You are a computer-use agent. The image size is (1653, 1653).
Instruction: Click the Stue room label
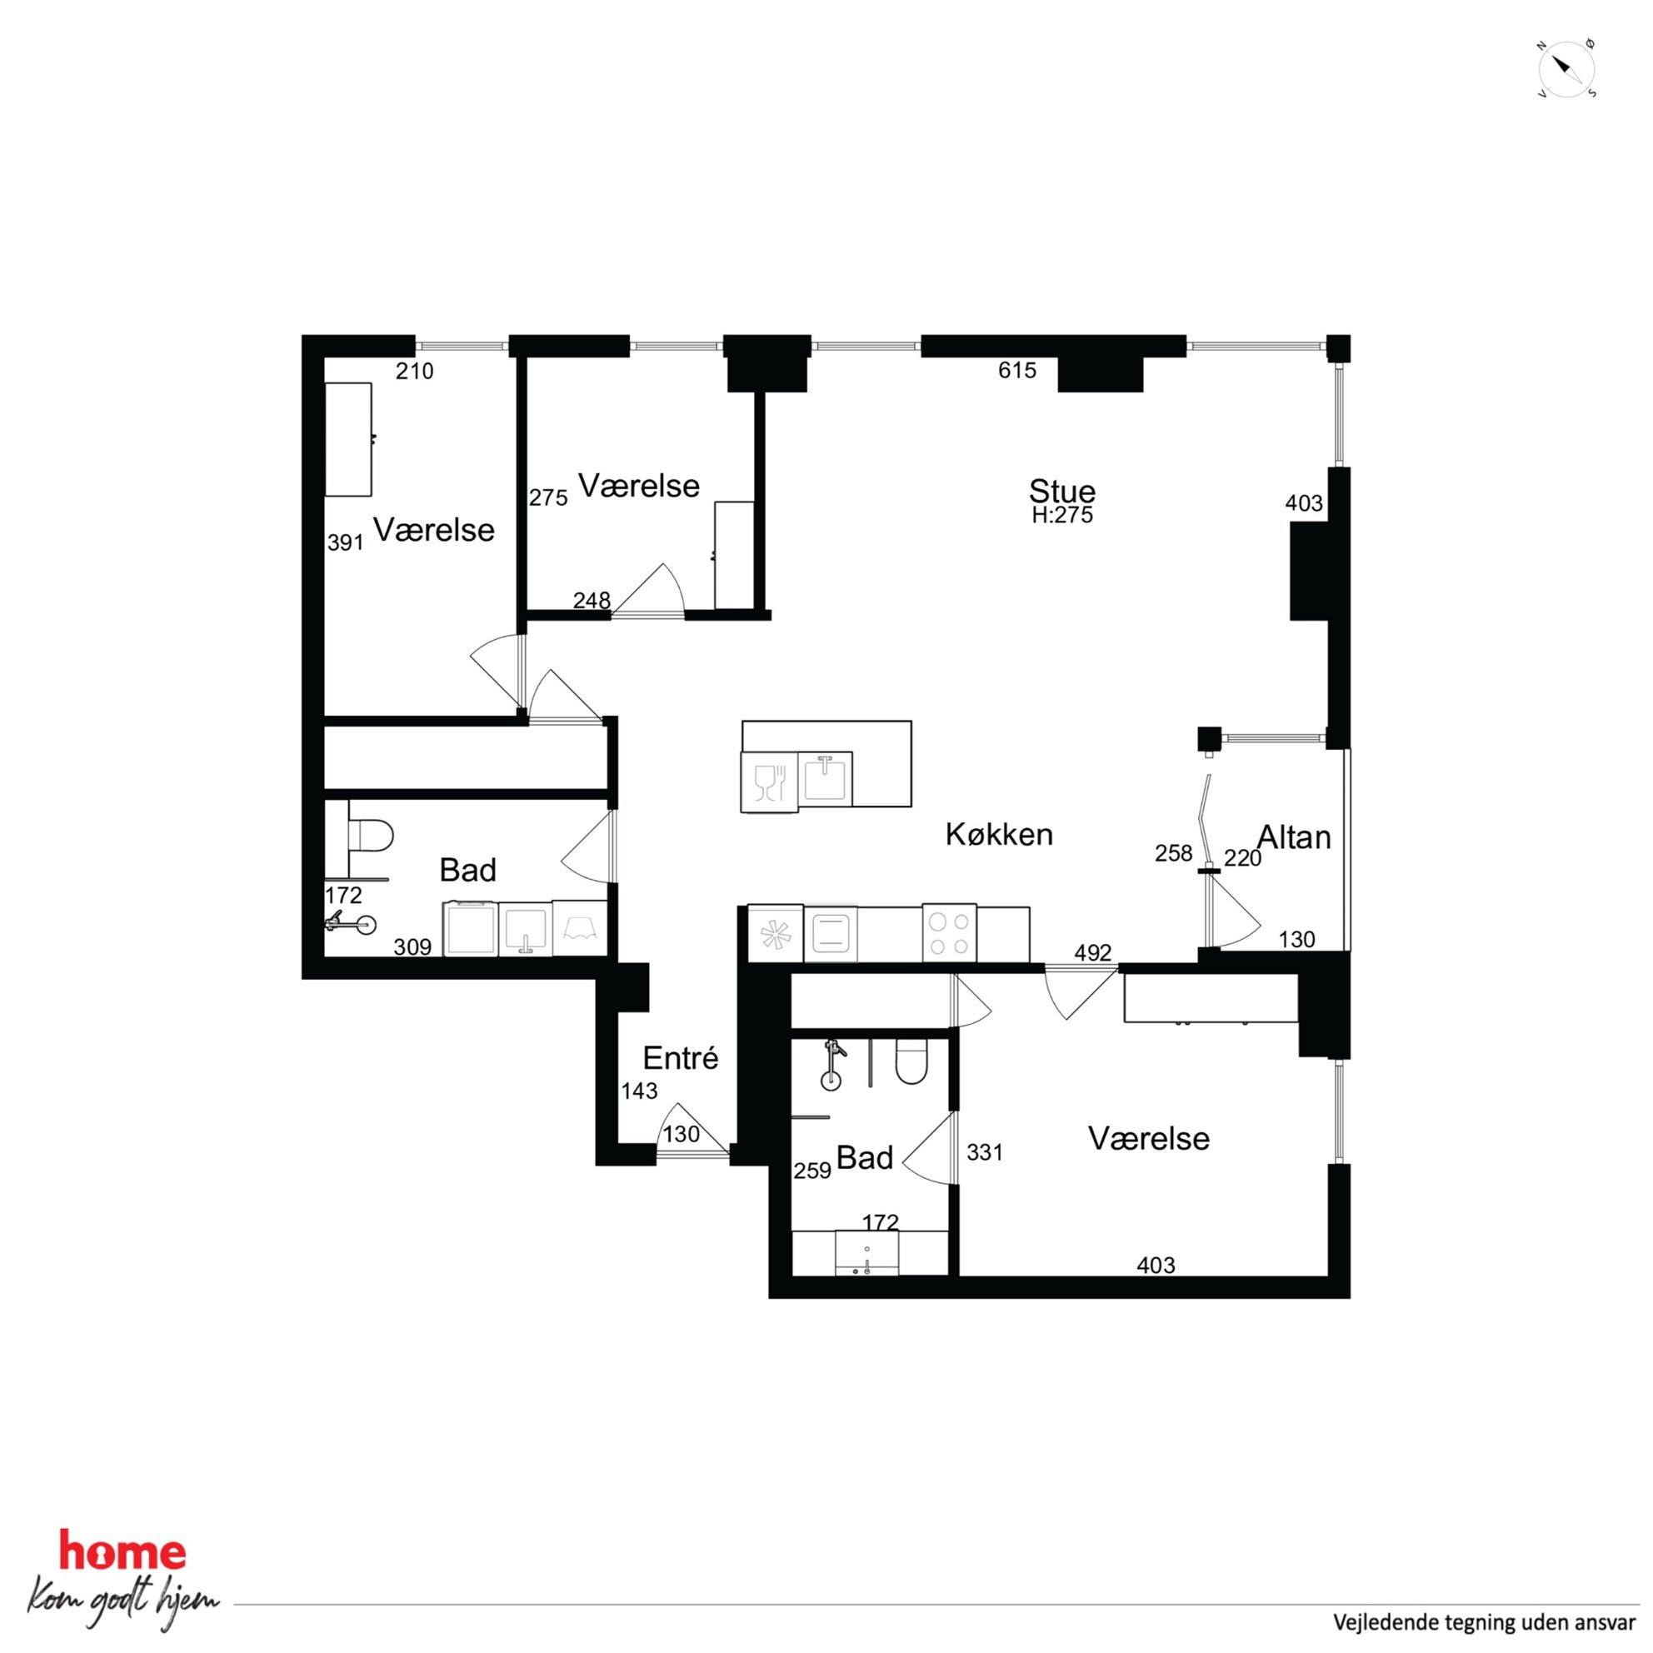(1061, 491)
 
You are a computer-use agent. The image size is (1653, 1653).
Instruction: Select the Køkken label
(998, 834)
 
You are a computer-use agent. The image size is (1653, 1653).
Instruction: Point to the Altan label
(1294, 836)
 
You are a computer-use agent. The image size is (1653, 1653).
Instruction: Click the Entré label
(680, 1058)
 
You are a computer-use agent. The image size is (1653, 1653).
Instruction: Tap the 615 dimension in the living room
(1017, 371)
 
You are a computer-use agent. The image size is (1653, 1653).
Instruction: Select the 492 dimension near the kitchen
(1092, 952)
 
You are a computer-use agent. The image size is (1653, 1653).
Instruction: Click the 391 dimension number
(346, 542)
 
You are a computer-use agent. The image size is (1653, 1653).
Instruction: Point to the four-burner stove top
(949, 933)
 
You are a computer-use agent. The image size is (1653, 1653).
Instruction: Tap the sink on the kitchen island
(825, 777)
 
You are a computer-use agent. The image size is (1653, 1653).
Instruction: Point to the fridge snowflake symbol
(776, 933)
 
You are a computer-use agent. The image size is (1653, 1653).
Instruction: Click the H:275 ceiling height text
(1061, 515)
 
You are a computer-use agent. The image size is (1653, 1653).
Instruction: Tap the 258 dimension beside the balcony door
(1173, 853)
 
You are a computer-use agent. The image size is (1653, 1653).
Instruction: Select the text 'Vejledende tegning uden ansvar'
(1485, 1622)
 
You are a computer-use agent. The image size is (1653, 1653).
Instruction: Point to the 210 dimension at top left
(414, 372)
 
